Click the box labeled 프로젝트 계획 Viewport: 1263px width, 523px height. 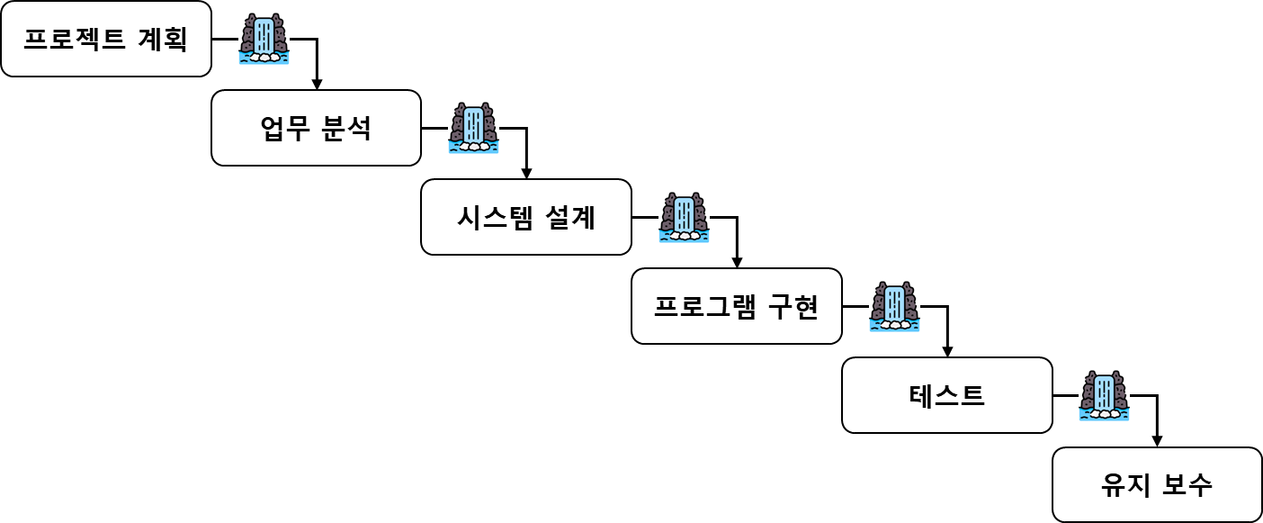(106, 39)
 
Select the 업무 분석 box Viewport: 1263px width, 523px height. (316, 128)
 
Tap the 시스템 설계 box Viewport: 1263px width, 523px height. (526, 217)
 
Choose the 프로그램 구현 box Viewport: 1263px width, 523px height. (737, 306)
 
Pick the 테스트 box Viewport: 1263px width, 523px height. (947, 395)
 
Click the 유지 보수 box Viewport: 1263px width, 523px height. (1157, 484)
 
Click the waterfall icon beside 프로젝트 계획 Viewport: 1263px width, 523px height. (264, 39)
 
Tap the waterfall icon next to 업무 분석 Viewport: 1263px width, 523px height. (473, 128)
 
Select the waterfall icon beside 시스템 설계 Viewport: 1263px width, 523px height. (684, 217)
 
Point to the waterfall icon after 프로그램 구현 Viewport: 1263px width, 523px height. (894, 306)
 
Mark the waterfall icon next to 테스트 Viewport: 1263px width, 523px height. (1104, 395)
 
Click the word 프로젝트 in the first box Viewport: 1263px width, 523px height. (74, 40)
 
